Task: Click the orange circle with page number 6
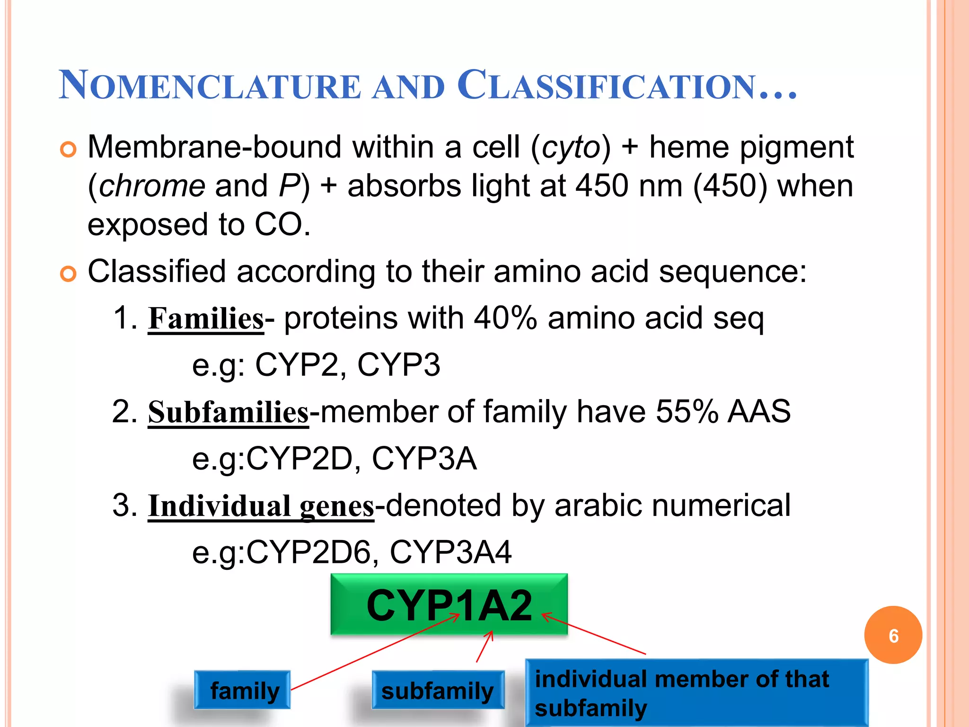(x=893, y=635)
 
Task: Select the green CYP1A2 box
(x=449, y=604)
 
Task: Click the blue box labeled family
(x=242, y=690)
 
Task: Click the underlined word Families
(x=206, y=319)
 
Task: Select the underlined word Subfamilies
(x=228, y=412)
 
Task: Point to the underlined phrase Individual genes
(x=261, y=506)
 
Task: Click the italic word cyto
(x=571, y=148)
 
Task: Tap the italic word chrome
(x=152, y=186)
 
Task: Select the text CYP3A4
(x=450, y=552)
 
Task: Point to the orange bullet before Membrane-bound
(x=68, y=150)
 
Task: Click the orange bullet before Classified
(x=68, y=274)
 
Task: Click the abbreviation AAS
(x=759, y=411)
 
